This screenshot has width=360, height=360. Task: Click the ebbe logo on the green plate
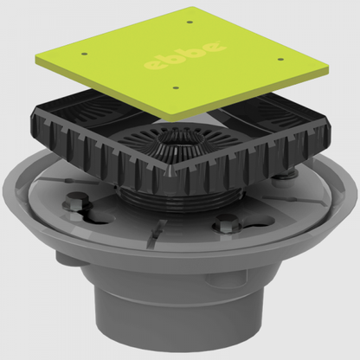pyautogui.click(x=185, y=55)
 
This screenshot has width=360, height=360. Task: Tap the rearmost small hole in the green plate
pyautogui.click(x=190, y=22)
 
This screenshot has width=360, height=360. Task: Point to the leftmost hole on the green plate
pyautogui.click(x=84, y=54)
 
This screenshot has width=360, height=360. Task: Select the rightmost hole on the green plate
pyautogui.click(x=280, y=60)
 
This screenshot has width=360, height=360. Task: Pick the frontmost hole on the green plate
pyautogui.click(x=177, y=87)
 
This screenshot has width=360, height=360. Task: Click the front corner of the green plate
pyautogui.click(x=170, y=119)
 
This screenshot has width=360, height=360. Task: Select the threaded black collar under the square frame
pyautogui.click(x=179, y=199)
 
